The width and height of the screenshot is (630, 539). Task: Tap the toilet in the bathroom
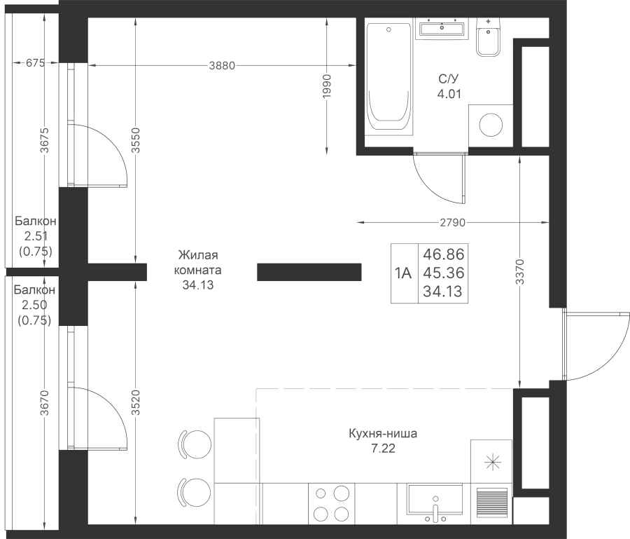click(487, 37)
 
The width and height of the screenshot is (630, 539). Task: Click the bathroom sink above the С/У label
click(441, 29)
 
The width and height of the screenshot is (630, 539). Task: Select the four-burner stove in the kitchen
click(331, 503)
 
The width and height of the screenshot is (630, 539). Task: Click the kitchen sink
click(434, 504)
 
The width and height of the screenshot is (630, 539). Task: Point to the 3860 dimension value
click(222, 65)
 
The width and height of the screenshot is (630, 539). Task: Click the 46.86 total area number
click(444, 254)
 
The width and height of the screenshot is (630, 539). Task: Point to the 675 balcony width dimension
click(34, 64)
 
